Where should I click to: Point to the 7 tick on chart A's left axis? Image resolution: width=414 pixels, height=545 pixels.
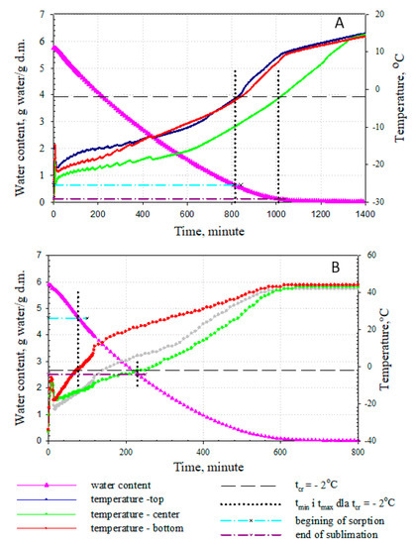pos(41,14)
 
